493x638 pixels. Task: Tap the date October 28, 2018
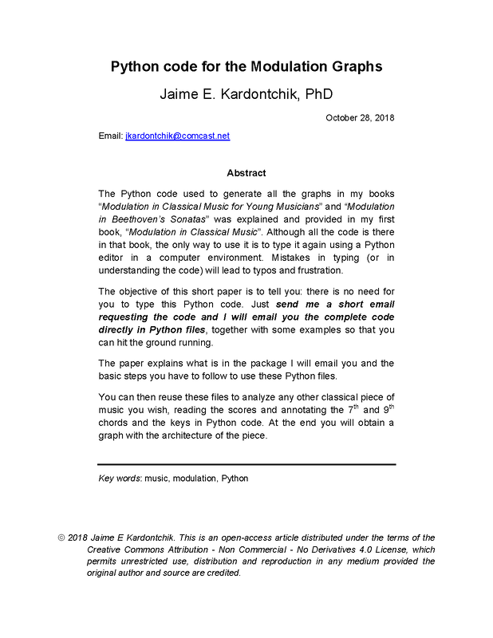pos(360,118)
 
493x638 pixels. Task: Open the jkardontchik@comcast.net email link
pos(177,136)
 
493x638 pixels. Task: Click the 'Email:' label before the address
pos(110,136)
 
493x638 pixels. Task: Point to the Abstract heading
pos(246,173)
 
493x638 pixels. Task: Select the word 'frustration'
pos(317,270)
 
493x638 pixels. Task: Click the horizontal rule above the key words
pos(246,464)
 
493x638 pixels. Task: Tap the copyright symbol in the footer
pos(61,538)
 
